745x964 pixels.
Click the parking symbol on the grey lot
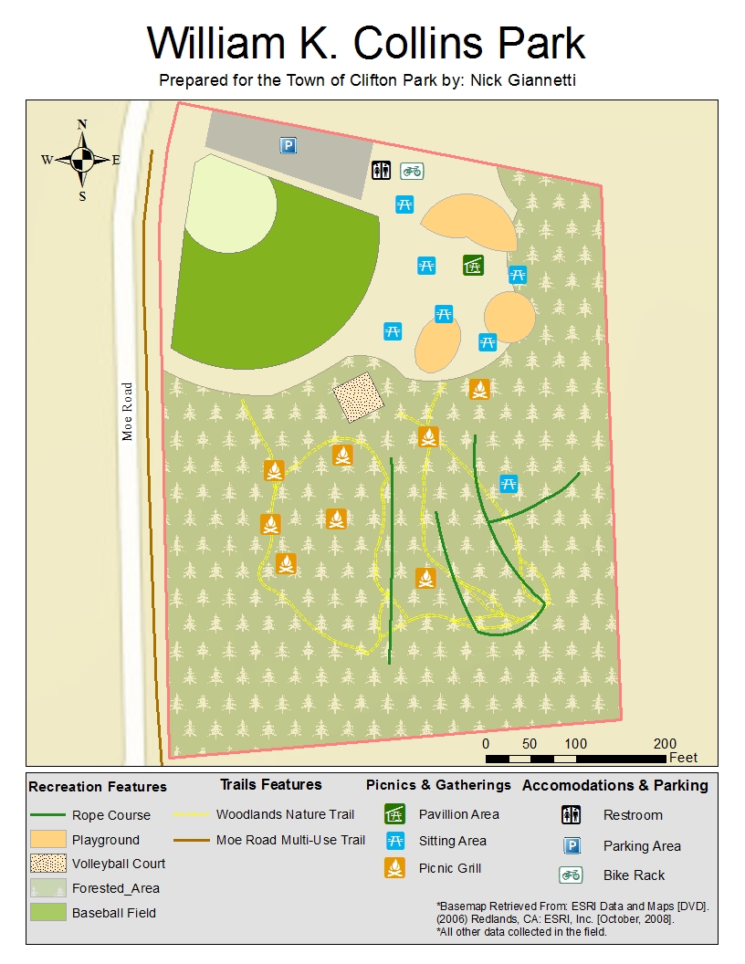point(289,145)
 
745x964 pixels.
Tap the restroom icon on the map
point(381,170)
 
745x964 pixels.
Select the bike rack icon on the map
point(413,170)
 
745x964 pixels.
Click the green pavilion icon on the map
point(473,265)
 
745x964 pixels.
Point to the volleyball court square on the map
point(355,398)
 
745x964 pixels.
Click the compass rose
point(82,160)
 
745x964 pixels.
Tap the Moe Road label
point(127,411)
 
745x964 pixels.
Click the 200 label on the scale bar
point(665,743)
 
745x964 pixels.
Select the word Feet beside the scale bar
point(683,758)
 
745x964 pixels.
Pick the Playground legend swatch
point(47,839)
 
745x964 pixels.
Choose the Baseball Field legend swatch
point(47,912)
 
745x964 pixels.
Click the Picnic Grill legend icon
point(394,868)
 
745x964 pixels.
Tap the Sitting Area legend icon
point(394,841)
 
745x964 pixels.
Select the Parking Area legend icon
point(572,845)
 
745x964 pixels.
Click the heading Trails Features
point(271,784)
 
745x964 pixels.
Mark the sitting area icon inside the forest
point(509,484)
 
